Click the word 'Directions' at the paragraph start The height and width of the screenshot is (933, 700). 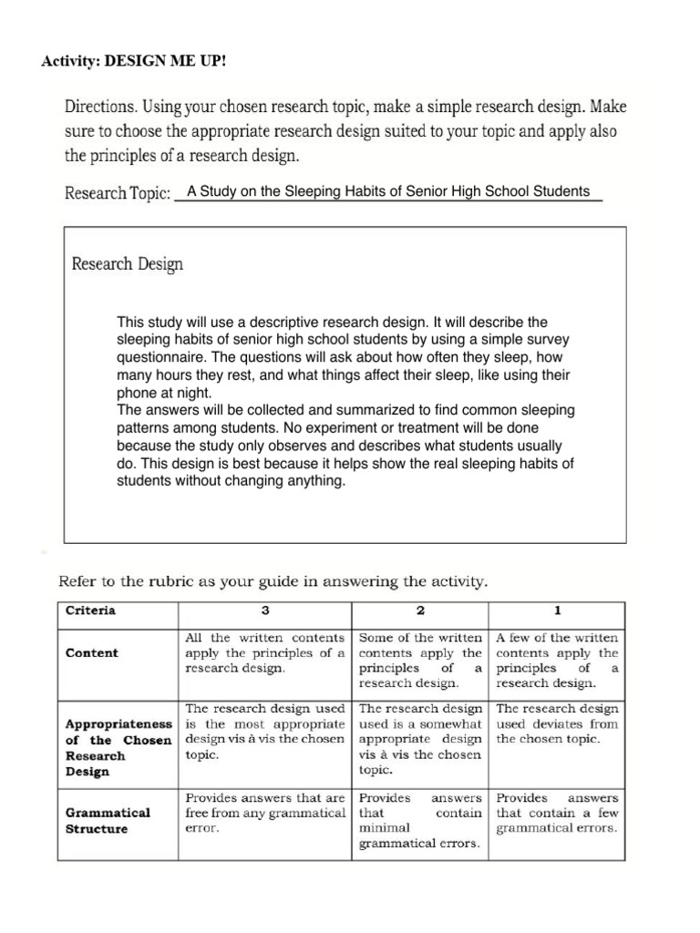pos(101,107)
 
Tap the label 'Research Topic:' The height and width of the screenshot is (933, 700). pos(118,194)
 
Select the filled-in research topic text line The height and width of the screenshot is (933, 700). pos(387,192)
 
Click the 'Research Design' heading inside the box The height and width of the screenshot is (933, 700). pos(127,264)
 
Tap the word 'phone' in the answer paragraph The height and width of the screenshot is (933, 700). pos(136,392)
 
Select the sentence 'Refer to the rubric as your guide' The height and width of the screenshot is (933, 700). pos(273,579)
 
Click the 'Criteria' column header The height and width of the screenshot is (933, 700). pos(90,610)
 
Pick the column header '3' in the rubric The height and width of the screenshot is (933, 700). pos(265,610)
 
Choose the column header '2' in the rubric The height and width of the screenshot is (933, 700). pos(420,610)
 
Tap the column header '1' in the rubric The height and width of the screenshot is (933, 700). pos(557,610)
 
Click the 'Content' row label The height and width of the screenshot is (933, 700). pos(92,653)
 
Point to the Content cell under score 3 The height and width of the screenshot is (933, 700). pos(265,652)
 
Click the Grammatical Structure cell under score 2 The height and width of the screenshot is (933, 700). pos(420,820)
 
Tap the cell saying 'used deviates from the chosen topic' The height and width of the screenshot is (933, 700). pos(557,723)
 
